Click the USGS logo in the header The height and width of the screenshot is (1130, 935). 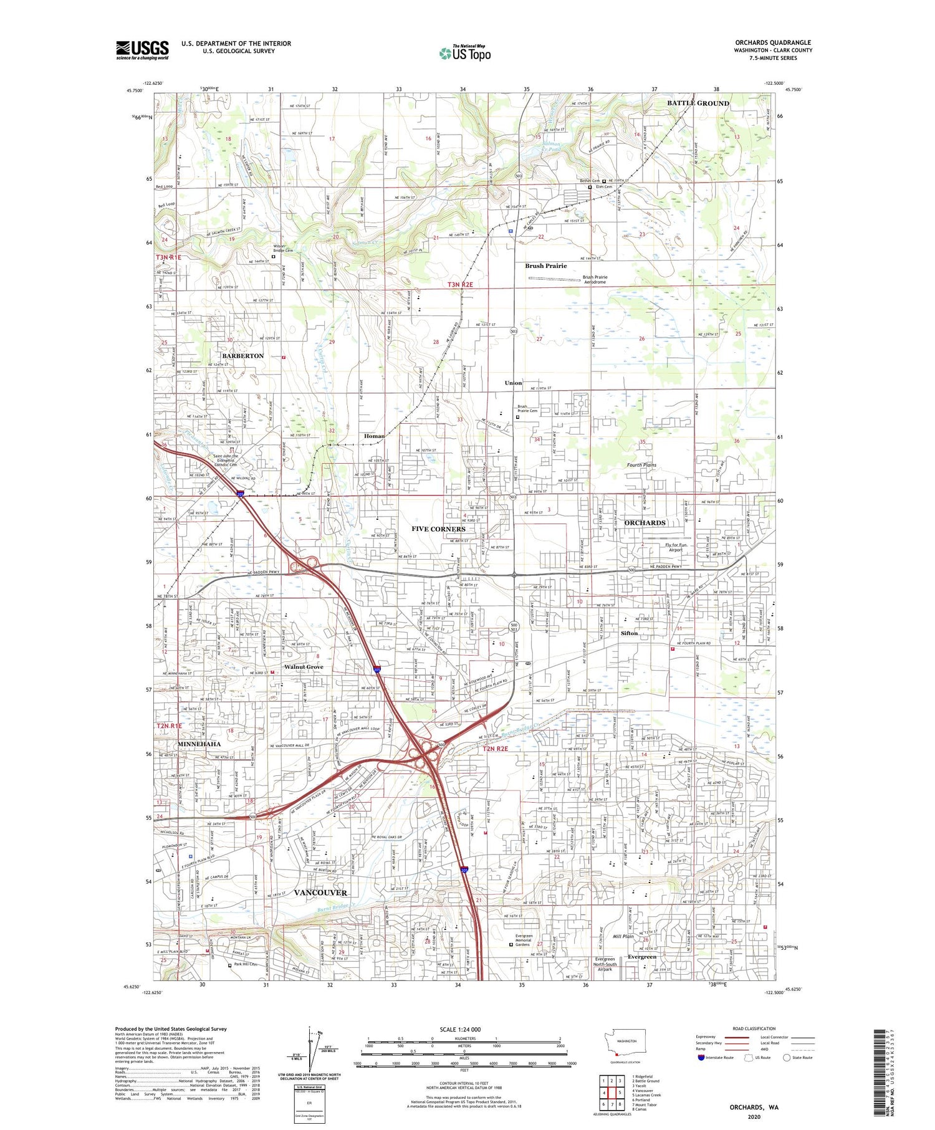[142, 50]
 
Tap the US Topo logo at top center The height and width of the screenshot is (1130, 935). [465, 53]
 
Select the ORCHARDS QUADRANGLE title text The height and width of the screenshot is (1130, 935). [772, 42]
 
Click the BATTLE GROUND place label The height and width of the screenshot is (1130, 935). [698, 103]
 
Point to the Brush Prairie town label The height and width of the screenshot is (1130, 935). [545, 266]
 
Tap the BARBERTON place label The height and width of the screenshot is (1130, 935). [242, 356]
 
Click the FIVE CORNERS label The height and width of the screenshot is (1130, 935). [438, 529]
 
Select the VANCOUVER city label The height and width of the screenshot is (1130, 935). [320, 893]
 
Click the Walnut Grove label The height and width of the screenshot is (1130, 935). [304, 667]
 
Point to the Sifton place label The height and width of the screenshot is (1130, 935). [629, 633]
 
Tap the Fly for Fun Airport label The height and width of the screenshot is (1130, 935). [675, 548]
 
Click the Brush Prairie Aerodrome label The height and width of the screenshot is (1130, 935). [595, 280]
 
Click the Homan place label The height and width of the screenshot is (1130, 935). [374, 436]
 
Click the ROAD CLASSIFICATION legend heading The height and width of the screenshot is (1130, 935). [754, 1029]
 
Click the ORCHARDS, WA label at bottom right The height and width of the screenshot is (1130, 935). [754, 1108]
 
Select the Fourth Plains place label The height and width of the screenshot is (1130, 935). [641, 465]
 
